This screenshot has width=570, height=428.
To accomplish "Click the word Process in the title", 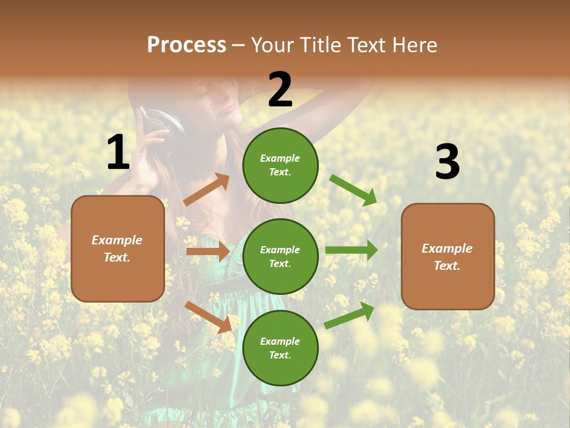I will click(x=186, y=45).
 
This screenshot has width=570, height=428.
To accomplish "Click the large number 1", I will click(x=118, y=152).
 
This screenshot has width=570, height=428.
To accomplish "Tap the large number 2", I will click(x=280, y=90).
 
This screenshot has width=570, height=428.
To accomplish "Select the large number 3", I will click(x=447, y=162).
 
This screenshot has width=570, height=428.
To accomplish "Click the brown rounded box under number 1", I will click(x=118, y=248).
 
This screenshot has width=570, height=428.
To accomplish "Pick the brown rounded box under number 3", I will click(x=448, y=256).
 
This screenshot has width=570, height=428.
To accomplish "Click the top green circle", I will click(x=280, y=165).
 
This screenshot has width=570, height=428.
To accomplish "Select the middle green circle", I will click(x=280, y=256).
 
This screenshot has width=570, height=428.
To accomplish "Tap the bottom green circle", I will click(x=280, y=348).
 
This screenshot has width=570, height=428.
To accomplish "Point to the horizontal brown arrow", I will click(x=208, y=251).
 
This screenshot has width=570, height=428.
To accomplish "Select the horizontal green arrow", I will click(x=351, y=250).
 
